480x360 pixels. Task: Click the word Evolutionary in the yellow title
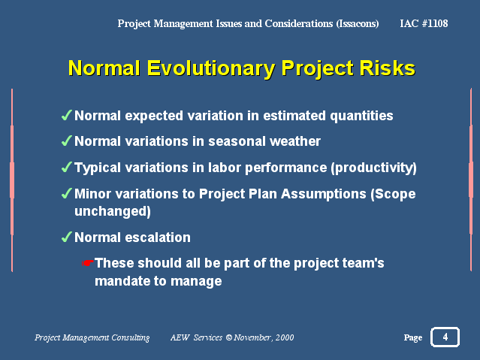click(210, 68)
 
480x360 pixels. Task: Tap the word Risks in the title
click(388, 68)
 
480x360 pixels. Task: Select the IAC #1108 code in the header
click(424, 23)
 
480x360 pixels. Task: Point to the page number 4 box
click(445, 337)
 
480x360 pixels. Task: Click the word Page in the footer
click(413, 337)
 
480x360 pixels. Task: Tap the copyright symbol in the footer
click(228, 337)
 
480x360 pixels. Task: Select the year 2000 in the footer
click(285, 337)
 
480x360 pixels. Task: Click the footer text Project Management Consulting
click(92, 337)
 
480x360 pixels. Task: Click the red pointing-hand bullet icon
click(88, 263)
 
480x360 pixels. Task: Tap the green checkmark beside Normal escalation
click(66, 237)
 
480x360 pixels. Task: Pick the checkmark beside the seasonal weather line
click(66, 141)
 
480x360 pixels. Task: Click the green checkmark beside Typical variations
click(66, 168)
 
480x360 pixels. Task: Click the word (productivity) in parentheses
click(374, 168)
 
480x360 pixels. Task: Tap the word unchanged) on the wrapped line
click(113, 211)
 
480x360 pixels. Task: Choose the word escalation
click(158, 237)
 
